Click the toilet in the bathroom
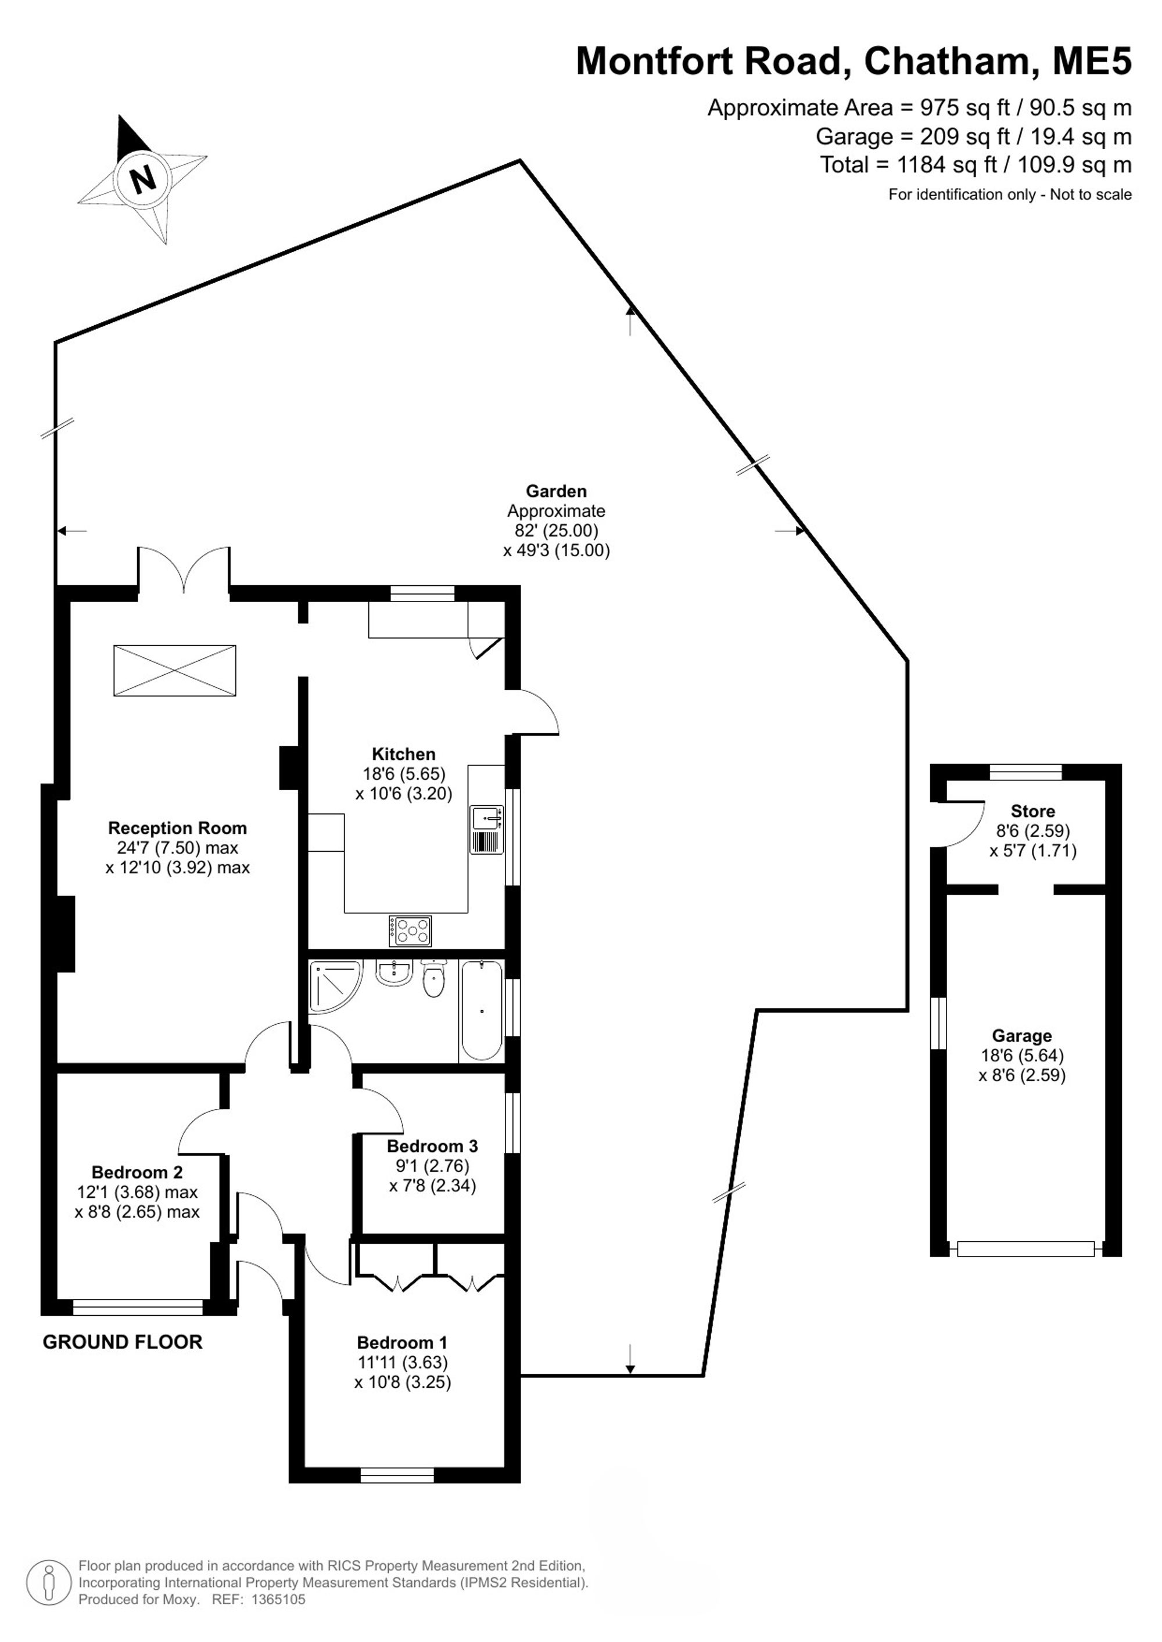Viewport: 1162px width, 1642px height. (x=435, y=979)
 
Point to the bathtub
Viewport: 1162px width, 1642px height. (x=482, y=1010)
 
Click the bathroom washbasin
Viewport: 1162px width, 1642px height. (x=393, y=973)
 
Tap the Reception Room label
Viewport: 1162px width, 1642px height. (x=177, y=828)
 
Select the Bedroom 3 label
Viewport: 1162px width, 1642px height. (x=432, y=1146)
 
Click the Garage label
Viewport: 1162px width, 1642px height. (x=1022, y=1036)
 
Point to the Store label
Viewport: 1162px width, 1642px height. (x=1032, y=811)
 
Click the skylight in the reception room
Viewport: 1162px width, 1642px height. (x=174, y=670)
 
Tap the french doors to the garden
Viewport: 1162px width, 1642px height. (x=184, y=570)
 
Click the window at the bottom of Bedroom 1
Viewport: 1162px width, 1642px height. (x=397, y=1475)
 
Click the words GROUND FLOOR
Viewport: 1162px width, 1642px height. (x=123, y=1342)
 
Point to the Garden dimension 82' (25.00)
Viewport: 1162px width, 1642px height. (x=556, y=531)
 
